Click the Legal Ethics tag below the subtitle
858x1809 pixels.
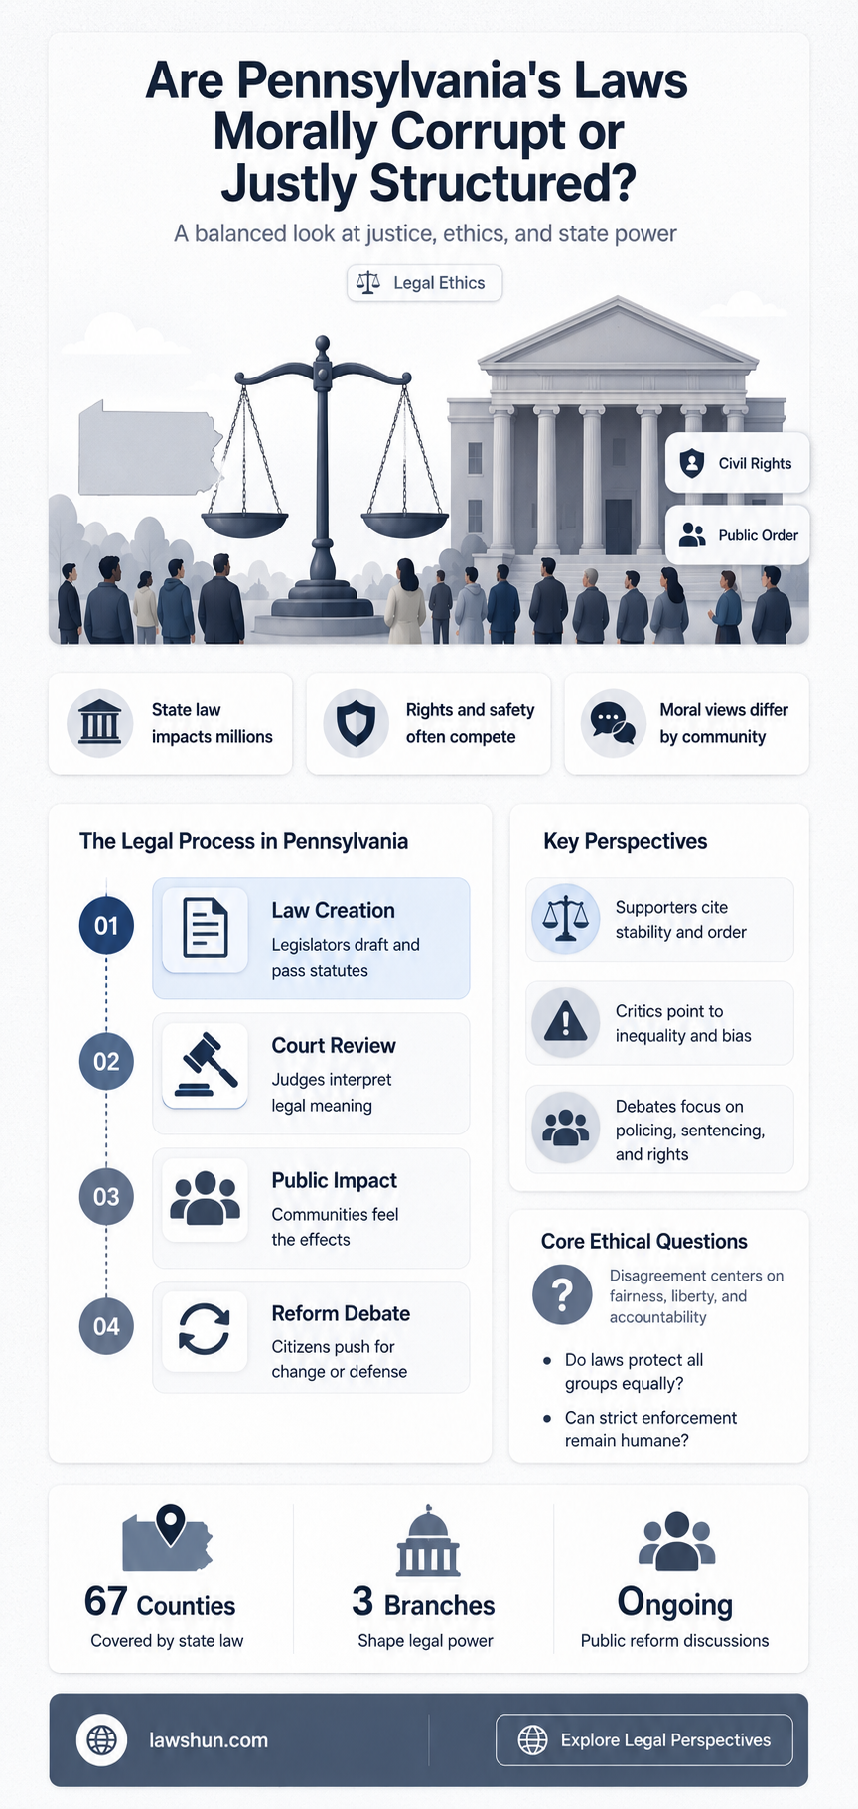[x=424, y=283]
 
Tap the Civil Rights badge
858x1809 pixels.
[x=737, y=463]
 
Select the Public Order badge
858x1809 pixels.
[x=737, y=535]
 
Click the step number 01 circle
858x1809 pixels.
[x=106, y=926]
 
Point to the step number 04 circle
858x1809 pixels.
[x=106, y=1326]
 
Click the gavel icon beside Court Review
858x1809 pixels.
[x=205, y=1065]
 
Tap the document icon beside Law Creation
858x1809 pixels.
[x=205, y=928]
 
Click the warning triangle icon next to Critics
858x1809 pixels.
[x=566, y=1021]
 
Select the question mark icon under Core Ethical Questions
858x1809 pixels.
[x=562, y=1294]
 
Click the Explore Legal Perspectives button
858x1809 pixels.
[x=644, y=1739]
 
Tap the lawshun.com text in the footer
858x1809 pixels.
[x=209, y=1740]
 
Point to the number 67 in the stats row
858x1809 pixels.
[x=106, y=1602]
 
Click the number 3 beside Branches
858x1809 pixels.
[x=362, y=1602]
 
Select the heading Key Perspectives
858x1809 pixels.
[x=626, y=841]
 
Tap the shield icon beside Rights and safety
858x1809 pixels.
[x=356, y=723]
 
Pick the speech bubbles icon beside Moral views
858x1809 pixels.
[x=613, y=723]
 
